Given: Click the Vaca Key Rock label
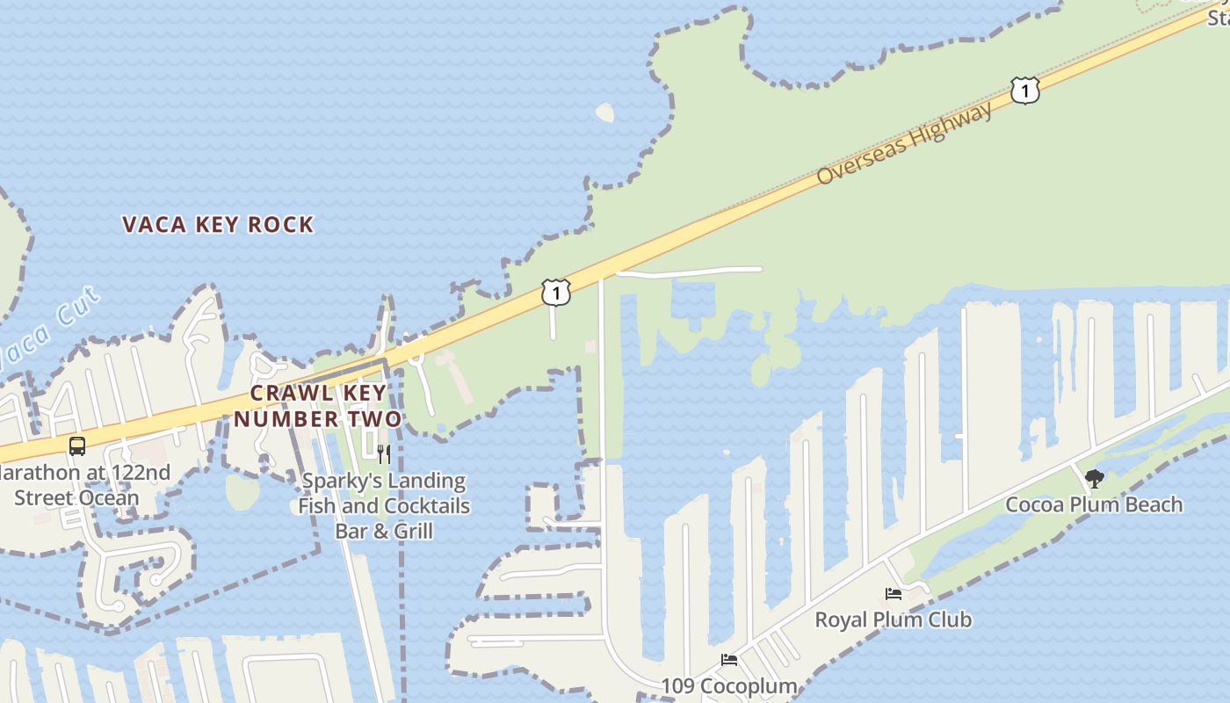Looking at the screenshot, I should (x=218, y=225).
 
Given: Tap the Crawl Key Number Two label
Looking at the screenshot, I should (x=317, y=406).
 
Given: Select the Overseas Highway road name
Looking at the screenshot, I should (x=904, y=143).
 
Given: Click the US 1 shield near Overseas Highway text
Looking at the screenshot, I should (x=1024, y=91).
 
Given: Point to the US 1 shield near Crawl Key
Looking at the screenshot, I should (x=555, y=293).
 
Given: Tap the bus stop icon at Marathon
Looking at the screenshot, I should (x=77, y=446).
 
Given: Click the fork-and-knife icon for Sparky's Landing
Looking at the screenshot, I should (x=384, y=454).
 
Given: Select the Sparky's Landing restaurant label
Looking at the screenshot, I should (x=384, y=506).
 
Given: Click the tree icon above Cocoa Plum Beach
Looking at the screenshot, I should (x=1094, y=479).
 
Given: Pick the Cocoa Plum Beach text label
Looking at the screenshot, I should (x=1094, y=505).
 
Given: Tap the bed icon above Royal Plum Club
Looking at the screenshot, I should (x=894, y=594).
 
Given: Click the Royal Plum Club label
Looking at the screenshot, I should (x=894, y=620).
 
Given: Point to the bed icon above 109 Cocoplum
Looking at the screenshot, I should (x=728, y=660).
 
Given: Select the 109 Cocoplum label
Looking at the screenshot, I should (x=728, y=685).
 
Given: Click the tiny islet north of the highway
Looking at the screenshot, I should (x=604, y=112).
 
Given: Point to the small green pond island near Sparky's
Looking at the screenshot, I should (x=242, y=492).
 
